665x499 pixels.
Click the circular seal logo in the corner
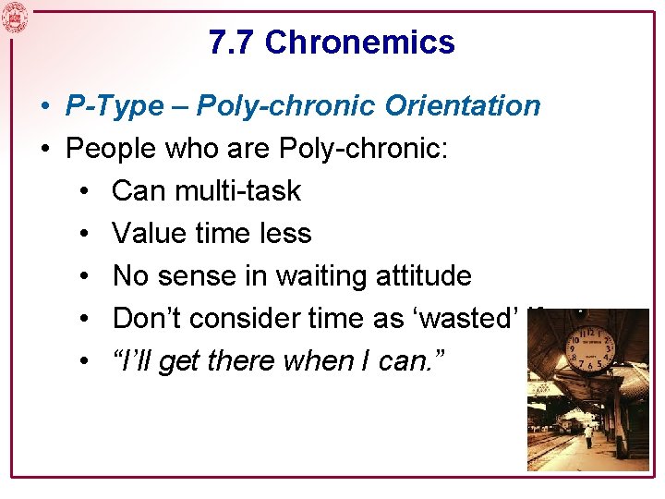pos(15,17)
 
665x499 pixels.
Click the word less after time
pos(285,233)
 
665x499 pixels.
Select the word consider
pos(248,318)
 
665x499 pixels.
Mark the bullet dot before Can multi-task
pos(84,191)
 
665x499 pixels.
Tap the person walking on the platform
pos(588,435)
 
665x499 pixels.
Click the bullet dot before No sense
pos(84,276)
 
